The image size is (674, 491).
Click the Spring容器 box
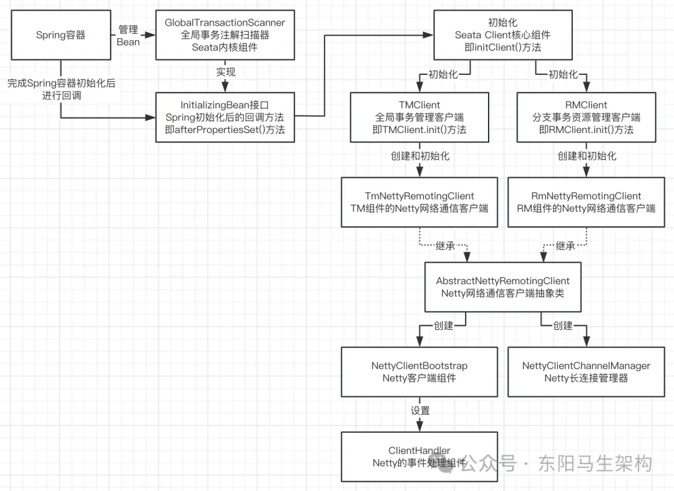60,36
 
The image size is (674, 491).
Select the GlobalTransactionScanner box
225,36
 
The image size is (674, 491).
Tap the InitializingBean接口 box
225,117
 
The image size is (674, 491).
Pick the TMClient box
419,117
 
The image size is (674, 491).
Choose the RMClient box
586,117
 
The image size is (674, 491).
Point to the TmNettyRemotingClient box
419,202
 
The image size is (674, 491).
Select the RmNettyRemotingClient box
586,202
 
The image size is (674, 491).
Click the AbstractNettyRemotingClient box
502,287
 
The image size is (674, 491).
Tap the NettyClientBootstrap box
419,372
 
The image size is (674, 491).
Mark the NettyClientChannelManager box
586,372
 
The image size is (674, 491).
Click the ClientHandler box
419,457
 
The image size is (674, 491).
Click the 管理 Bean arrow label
128,36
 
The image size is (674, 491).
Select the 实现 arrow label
225,72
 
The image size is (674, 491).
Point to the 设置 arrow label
420,410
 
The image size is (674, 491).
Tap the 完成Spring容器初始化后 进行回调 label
61,89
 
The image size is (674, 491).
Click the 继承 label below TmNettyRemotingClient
446,246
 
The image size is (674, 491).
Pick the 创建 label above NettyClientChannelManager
562,325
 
